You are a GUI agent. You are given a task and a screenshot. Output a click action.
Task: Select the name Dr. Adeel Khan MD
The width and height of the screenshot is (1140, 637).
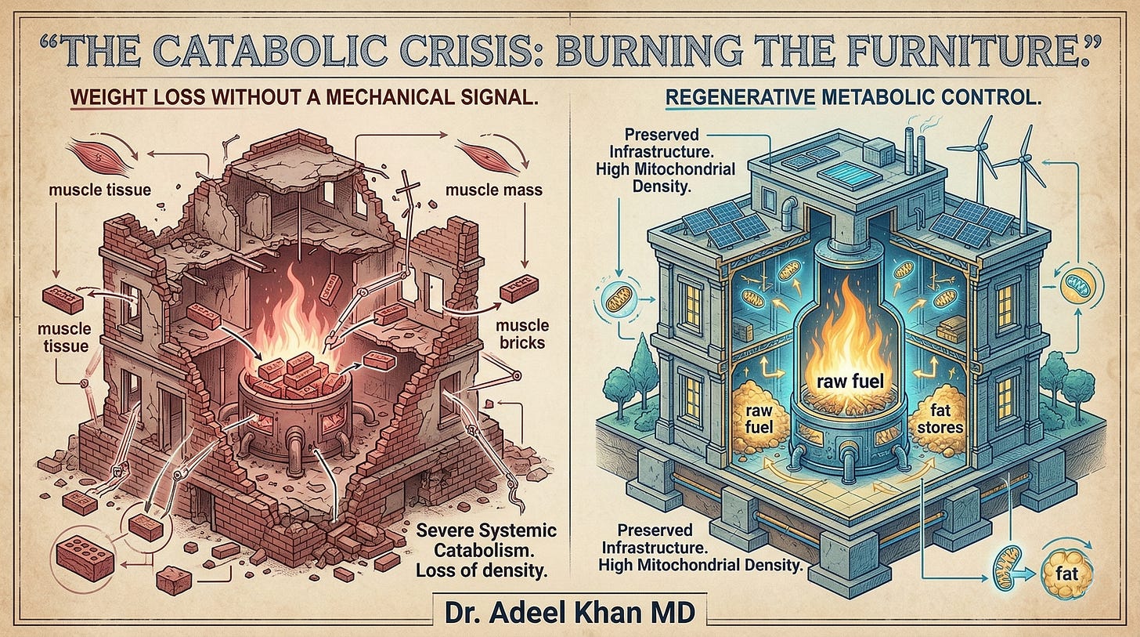coord(569,611)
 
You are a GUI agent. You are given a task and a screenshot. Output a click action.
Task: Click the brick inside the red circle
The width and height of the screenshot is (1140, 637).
coord(83,559)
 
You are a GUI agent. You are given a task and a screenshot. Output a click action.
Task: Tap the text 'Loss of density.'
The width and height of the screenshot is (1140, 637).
coord(481,570)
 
